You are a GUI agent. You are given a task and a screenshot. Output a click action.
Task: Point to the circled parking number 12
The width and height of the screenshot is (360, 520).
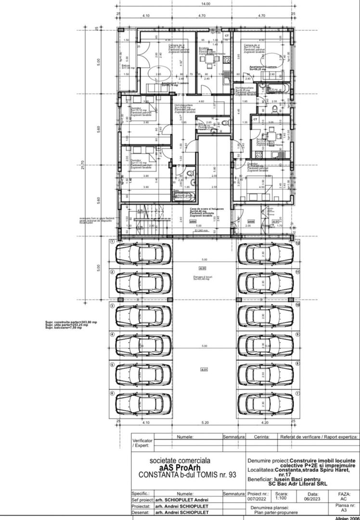tap(298, 244)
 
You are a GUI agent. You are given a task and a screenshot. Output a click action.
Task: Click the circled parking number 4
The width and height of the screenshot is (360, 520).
tap(112, 334)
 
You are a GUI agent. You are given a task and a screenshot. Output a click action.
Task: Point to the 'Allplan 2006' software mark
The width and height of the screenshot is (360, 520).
tap(347, 518)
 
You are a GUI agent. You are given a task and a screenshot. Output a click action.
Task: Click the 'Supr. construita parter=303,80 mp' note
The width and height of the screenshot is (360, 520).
tap(71, 322)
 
